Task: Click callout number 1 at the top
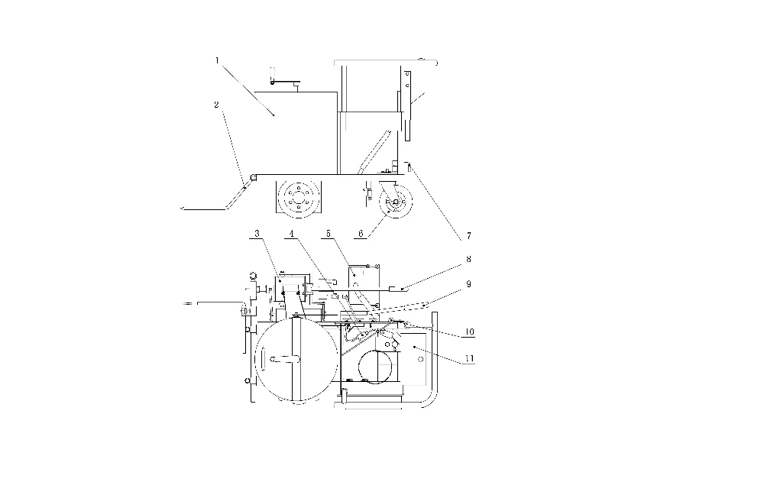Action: (217, 60)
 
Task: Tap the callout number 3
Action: (258, 232)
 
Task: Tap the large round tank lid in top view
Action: (294, 360)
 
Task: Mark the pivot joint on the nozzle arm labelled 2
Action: (248, 181)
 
